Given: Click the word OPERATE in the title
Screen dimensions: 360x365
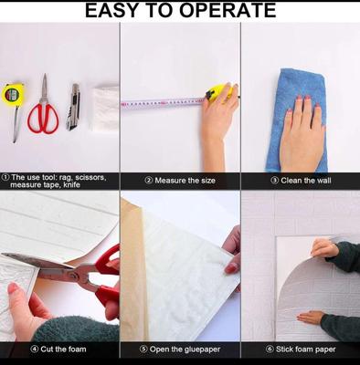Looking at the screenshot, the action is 228,10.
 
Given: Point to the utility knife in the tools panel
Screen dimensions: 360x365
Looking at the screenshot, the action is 73,107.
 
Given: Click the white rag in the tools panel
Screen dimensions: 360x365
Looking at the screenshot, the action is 105,108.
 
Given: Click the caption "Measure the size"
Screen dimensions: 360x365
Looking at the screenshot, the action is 185,181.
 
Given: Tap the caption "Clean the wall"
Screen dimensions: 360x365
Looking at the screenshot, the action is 306,181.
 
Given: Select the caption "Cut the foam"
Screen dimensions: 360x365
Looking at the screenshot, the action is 63,349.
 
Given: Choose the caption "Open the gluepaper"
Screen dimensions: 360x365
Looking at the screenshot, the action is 185,349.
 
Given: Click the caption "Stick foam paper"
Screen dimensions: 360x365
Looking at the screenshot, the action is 306,349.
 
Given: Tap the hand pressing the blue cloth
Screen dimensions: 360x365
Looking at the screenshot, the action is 302,134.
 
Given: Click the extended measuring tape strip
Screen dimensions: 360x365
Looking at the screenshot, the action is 163,103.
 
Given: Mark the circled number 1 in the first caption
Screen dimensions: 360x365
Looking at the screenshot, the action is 5,177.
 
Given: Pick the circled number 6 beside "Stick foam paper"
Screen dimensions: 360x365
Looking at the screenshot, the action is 270,349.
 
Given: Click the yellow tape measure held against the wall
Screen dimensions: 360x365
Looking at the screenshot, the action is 220,91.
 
